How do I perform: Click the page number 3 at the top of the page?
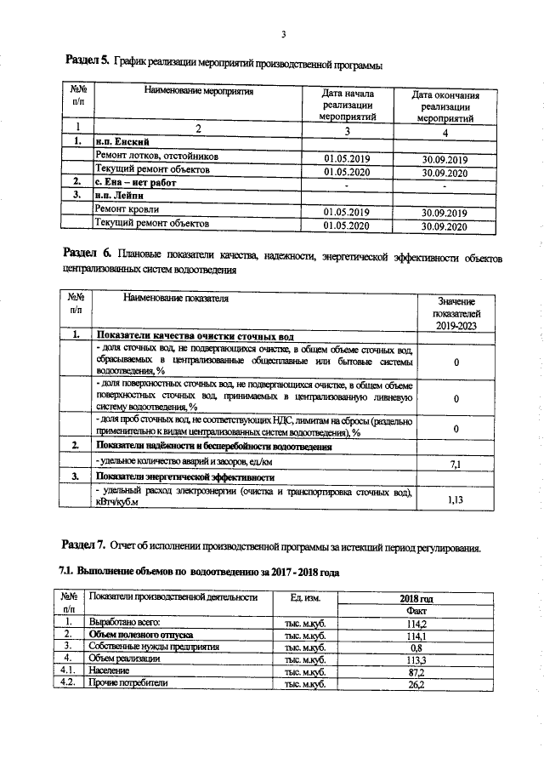coord(282,34)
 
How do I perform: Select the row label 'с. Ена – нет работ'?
coord(135,184)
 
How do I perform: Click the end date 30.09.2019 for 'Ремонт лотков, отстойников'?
coord(445,158)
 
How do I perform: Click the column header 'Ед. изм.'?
coord(304,597)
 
